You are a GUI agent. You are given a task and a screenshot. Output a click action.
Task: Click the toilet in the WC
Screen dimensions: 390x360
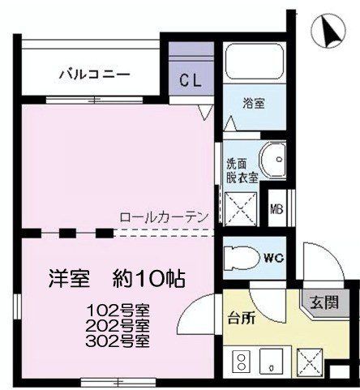tap(242, 259)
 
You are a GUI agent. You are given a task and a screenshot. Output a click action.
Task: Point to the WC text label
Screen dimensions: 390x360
tap(273, 259)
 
